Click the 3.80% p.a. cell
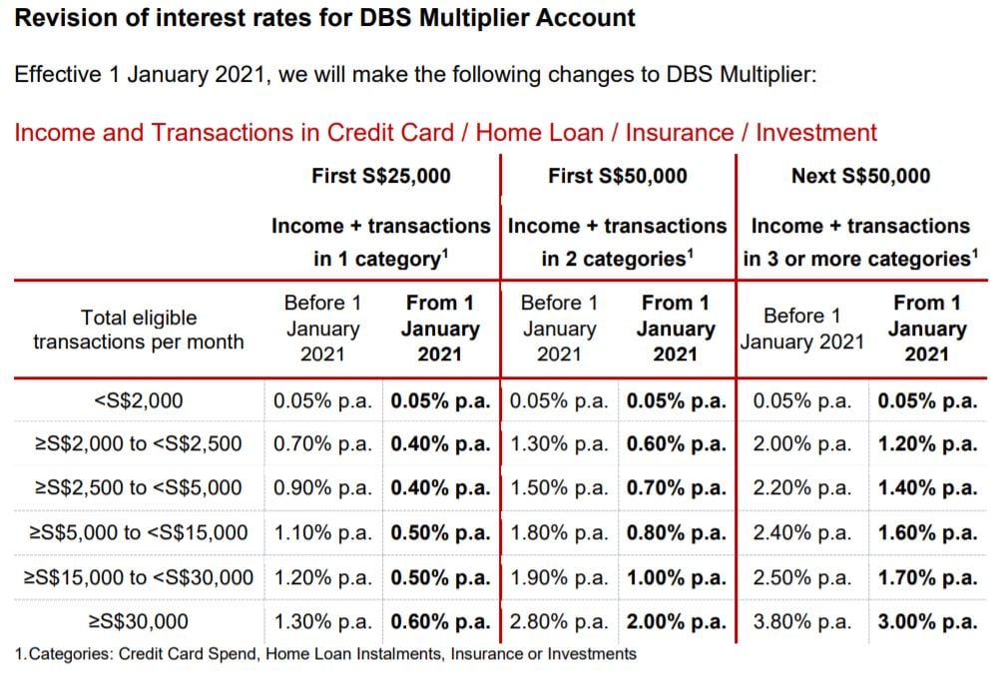click(x=801, y=621)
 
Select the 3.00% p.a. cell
click(x=927, y=621)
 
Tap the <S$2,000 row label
click(x=139, y=400)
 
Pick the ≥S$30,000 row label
click(x=139, y=621)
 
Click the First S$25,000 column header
click(x=381, y=176)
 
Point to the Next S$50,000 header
click(x=860, y=176)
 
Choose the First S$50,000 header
click(x=618, y=176)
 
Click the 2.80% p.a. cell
click(x=559, y=621)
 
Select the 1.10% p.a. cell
click(x=322, y=532)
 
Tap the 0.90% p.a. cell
click(x=322, y=487)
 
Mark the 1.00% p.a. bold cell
click(x=676, y=577)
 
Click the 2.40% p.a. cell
click(x=801, y=532)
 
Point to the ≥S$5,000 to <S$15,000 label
click(x=139, y=532)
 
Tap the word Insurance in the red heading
click(x=680, y=133)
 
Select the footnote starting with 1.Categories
click(x=325, y=654)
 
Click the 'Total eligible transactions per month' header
click(x=139, y=330)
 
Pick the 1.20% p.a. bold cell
click(x=927, y=443)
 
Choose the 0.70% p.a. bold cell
click(x=676, y=487)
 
